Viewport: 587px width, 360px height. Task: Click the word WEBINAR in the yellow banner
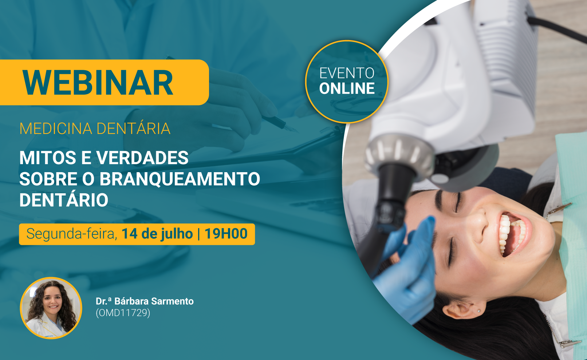click(98, 83)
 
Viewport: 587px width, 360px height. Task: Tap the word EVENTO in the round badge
click(347, 73)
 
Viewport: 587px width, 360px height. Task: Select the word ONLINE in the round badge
click(347, 88)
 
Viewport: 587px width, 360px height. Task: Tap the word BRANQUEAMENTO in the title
click(180, 179)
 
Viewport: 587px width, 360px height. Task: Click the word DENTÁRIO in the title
click(64, 199)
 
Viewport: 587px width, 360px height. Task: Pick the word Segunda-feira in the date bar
click(71, 234)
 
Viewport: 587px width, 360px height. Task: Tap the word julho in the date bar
click(177, 234)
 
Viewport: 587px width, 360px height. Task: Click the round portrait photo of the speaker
click(51, 308)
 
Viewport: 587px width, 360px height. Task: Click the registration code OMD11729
click(123, 313)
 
